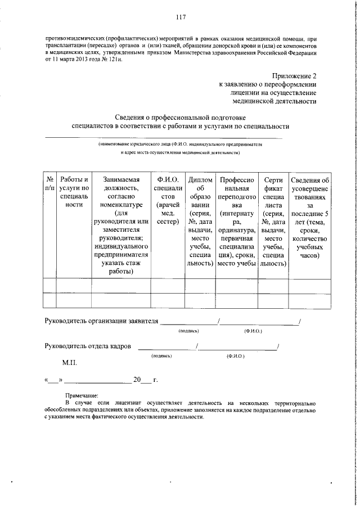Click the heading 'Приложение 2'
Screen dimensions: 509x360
(293, 75)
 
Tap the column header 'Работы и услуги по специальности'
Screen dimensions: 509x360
(74, 191)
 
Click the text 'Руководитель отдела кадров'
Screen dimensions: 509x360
(88, 346)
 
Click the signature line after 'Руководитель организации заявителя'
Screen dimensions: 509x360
(189, 323)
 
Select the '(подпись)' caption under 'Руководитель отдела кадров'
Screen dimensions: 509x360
(162, 356)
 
